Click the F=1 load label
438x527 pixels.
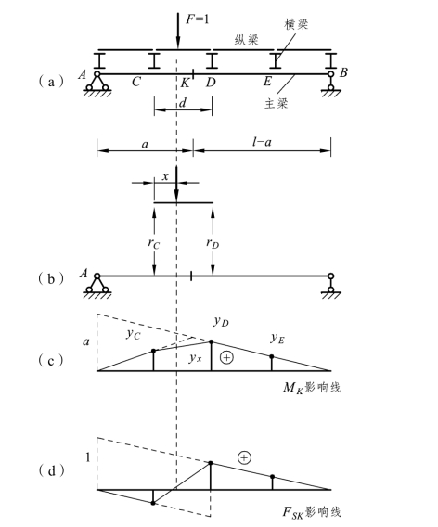tap(198, 19)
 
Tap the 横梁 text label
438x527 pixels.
tap(296, 24)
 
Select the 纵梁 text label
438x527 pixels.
tap(247, 40)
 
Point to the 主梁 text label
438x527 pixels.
tap(277, 103)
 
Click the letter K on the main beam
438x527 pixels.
tap(185, 83)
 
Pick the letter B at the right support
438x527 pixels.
tap(343, 72)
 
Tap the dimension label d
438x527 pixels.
tap(183, 102)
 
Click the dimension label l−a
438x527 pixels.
tap(262, 142)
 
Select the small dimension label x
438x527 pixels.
tap(165, 176)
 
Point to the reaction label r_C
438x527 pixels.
tap(154, 243)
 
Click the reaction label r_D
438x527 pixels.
tap(213, 243)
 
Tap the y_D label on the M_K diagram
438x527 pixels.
tap(222, 322)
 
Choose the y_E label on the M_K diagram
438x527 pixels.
tap(277, 338)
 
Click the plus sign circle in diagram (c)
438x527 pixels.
tap(226, 357)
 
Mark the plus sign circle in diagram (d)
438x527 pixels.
tap(244, 457)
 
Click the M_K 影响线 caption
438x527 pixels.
tap(312, 388)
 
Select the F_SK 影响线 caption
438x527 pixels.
tap(312, 512)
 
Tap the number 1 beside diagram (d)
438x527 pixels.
tap(88, 457)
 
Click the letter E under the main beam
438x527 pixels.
tap(267, 81)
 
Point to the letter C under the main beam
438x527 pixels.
tap(136, 82)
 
